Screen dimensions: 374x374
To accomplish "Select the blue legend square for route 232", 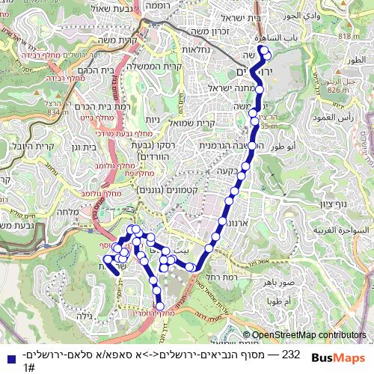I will (x=9, y=358).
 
